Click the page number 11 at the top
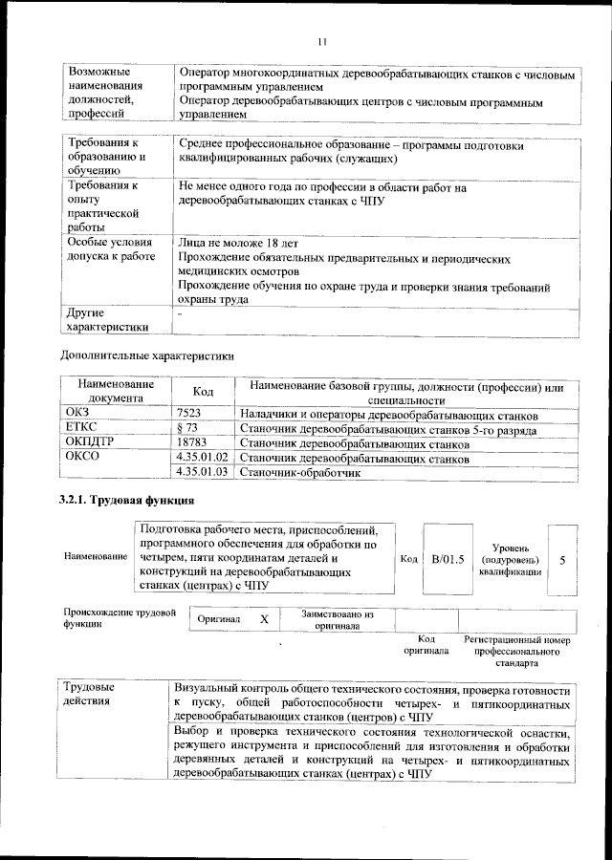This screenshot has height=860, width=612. pyautogui.click(x=322, y=41)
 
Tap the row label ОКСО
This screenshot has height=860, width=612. pyautogui.click(x=81, y=459)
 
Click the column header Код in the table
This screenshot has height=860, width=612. pyautogui.click(x=203, y=393)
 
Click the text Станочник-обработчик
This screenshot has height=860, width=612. pyautogui.click(x=299, y=472)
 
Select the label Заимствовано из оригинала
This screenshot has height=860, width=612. pyautogui.click(x=338, y=620)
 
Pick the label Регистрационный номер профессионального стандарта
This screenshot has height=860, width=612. pyautogui.click(x=516, y=650)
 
